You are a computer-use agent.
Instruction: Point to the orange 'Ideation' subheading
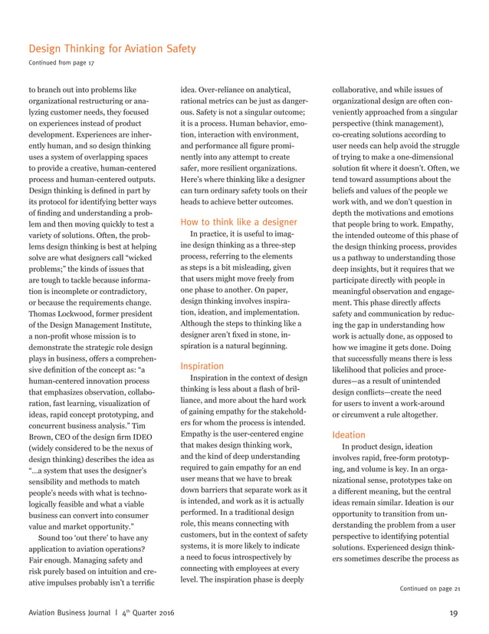point(350,433)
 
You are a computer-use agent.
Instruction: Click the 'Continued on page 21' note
point(429,589)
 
